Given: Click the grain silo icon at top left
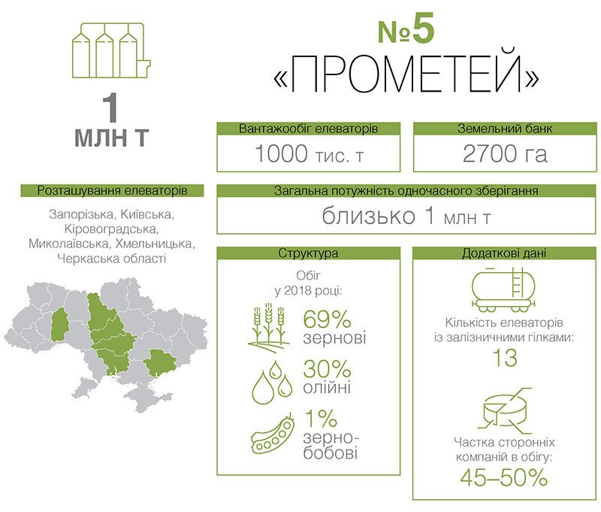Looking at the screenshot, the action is click(111, 50).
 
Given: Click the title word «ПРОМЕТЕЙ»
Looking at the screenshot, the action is click(406, 73).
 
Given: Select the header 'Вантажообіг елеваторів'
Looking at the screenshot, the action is click(309, 129).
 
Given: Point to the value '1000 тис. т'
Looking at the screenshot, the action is click(309, 154).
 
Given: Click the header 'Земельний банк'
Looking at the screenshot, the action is click(505, 129).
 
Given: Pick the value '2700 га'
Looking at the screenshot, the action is click(505, 153).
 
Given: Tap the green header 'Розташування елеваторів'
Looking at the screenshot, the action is click(112, 191).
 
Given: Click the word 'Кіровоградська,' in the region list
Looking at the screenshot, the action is click(111, 229).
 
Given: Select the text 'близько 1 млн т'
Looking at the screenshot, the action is click(406, 216).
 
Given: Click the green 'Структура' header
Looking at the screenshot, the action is click(309, 253).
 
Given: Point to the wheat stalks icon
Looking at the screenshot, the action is click(268, 326).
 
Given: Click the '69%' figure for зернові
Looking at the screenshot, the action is click(327, 319).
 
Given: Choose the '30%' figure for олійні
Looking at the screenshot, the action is click(327, 368).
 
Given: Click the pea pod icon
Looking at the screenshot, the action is click(273, 433).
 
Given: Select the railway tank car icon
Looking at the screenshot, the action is click(503, 290).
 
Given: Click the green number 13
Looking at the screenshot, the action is click(505, 357).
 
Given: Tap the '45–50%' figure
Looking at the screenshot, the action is click(504, 478).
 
